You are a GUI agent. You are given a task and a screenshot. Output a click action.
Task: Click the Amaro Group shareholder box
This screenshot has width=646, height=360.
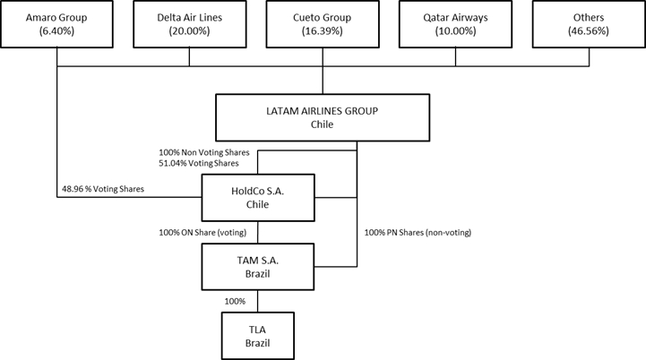pos(56,24)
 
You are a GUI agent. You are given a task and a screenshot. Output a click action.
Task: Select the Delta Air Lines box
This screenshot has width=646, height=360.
pos(189,24)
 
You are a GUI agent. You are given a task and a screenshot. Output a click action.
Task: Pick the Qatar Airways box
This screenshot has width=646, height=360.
pos(456,24)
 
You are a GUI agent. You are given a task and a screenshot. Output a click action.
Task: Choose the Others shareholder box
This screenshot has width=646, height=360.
pos(589,24)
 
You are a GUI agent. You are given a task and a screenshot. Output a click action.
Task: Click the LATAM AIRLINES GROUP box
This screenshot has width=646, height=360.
pos(323,116)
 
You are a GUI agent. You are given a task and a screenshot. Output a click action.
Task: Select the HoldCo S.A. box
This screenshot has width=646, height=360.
pos(258,197)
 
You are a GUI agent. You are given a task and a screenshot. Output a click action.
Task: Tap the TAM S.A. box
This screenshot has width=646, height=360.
pos(258,265)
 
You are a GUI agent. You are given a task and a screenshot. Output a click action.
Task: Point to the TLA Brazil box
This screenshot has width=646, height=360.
pos(258,335)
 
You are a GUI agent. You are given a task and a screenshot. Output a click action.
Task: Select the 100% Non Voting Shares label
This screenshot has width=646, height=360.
pos(202,152)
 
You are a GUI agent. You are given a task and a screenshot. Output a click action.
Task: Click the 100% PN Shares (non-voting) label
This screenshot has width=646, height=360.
pos(418,233)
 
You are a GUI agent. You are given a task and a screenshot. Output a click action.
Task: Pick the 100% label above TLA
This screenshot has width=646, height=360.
pos(236,301)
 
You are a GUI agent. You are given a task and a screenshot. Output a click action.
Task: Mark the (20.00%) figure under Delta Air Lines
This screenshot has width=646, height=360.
pos(189,31)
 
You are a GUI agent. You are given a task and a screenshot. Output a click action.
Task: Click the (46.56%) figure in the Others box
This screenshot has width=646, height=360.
pos(589,31)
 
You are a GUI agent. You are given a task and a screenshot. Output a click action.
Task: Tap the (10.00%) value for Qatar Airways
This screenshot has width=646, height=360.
pos(456,31)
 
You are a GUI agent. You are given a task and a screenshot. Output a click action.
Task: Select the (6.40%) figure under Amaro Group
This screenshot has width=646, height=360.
pos(56,31)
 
